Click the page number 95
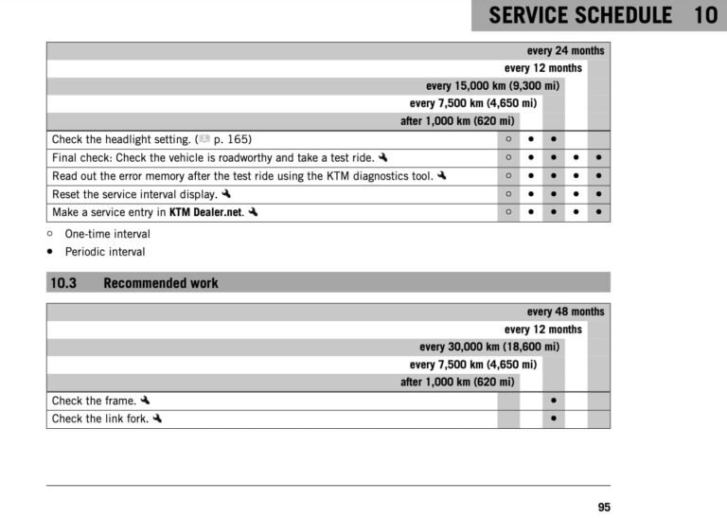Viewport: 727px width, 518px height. click(604, 508)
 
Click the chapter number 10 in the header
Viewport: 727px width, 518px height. click(705, 16)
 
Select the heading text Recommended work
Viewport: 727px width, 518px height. click(161, 282)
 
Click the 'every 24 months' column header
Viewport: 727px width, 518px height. click(565, 50)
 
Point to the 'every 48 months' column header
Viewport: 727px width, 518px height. click(565, 312)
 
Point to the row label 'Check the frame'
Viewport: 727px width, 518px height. click(94, 401)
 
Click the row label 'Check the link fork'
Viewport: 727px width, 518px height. click(99, 419)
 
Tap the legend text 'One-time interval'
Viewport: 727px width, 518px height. click(107, 234)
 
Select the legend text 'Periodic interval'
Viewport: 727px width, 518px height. click(105, 252)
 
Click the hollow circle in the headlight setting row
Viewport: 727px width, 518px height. click(508, 139)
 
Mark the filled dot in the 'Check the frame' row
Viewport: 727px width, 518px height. click(554, 401)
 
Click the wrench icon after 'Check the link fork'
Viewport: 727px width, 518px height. click(157, 419)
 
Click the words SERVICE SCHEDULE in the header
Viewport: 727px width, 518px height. click(580, 16)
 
